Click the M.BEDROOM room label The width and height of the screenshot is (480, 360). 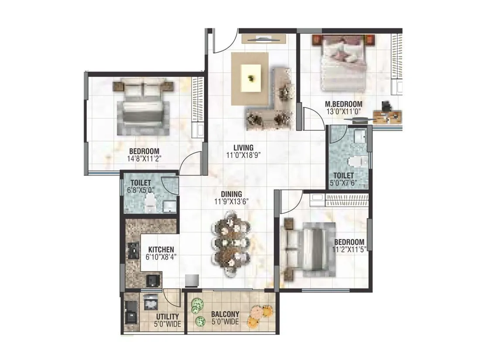coord(344,104)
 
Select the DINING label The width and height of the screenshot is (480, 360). coord(231,195)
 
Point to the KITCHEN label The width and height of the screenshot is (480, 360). coord(161,250)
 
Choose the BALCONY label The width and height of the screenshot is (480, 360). coord(225,314)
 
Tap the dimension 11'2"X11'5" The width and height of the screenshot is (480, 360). coord(349,249)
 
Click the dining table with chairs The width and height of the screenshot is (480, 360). coord(230,244)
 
